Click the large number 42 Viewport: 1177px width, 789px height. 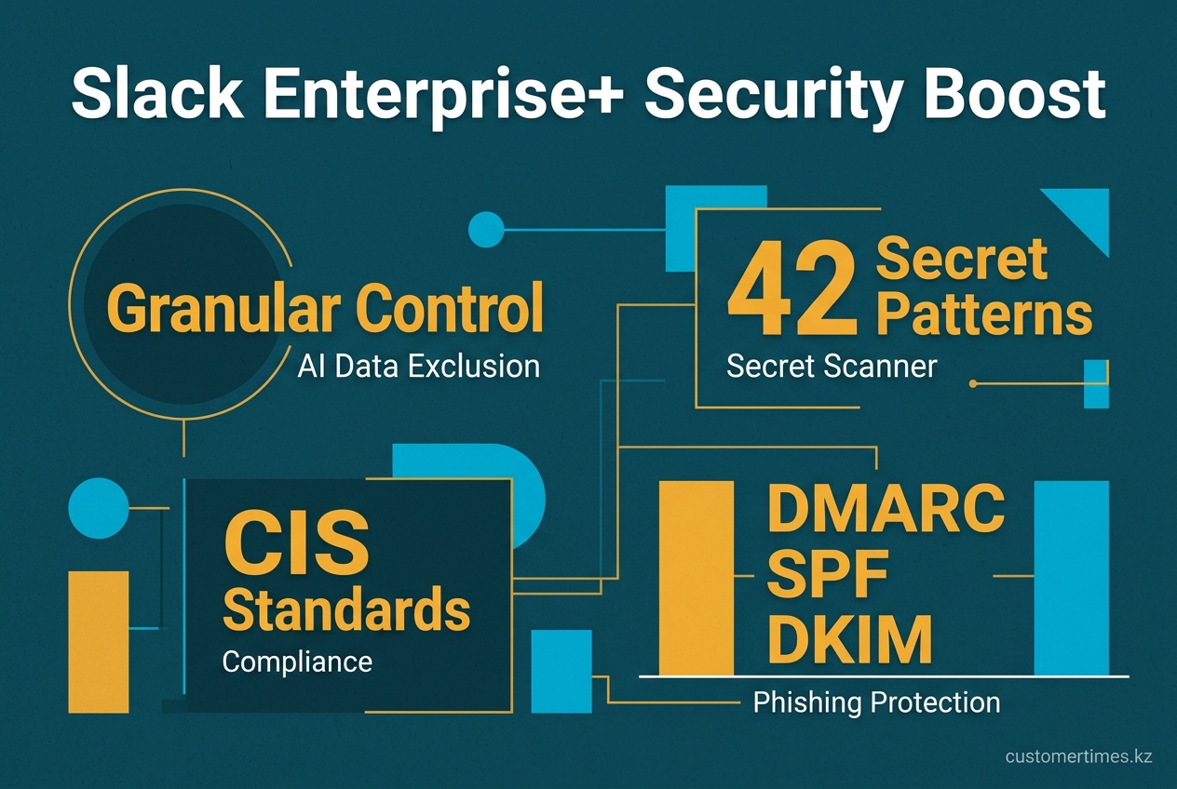point(791,288)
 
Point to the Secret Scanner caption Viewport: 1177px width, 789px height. point(832,366)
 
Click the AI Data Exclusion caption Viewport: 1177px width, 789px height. point(419,366)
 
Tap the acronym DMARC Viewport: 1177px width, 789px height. point(886,508)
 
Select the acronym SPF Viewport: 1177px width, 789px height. point(827,574)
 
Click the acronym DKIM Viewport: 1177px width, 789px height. point(849,639)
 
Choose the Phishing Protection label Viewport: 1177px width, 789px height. point(876,702)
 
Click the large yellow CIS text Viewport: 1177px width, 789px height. point(296,542)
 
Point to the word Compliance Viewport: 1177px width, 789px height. point(297,662)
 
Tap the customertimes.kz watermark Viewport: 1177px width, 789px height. point(1078,756)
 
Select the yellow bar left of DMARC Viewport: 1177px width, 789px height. point(697,578)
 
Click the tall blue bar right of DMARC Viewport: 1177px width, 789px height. point(1072,578)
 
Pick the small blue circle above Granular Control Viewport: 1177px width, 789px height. point(486,230)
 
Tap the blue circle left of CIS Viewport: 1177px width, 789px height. point(99,508)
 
